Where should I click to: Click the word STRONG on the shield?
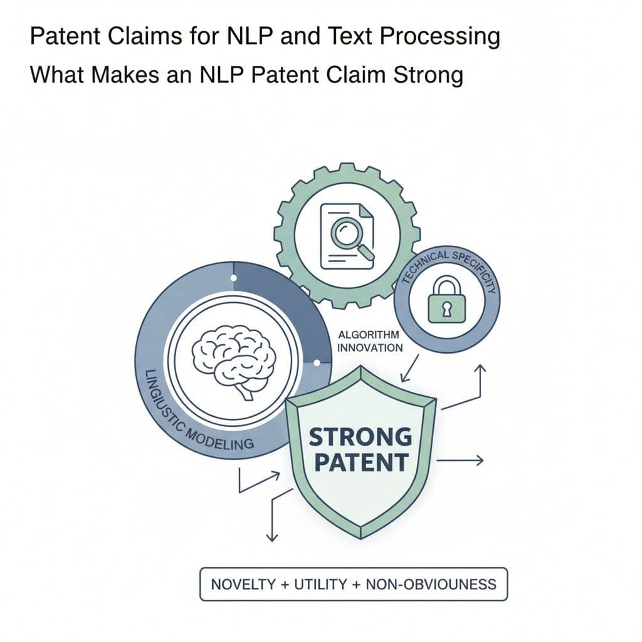coord(360,437)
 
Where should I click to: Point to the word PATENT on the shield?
coord(362,462)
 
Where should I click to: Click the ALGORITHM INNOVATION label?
coord(370,341)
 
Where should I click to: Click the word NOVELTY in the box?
coord(243,584)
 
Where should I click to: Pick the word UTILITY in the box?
coord(320,584)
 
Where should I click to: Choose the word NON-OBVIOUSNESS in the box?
coord(431,584)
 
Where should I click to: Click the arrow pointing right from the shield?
coord(460,461)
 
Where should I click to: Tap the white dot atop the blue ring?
coord(233,278)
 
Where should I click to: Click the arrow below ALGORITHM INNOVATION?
coord(409,369)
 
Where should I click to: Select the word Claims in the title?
coord(145,36)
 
